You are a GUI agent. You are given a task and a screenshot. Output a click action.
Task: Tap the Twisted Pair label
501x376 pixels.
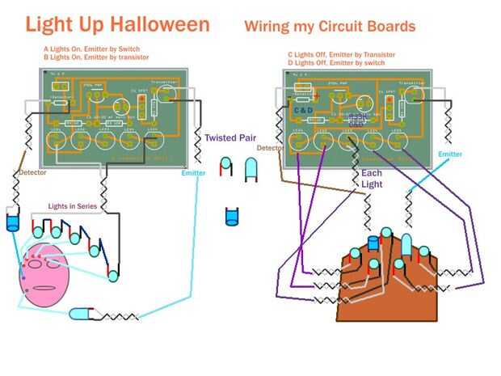pos(229,138)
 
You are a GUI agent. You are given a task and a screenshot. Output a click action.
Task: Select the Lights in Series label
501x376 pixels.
pos(72,207)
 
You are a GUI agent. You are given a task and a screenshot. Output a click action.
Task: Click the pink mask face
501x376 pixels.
pos(45,276)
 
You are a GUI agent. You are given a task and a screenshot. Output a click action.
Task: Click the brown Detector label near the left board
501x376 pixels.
pos(33,172)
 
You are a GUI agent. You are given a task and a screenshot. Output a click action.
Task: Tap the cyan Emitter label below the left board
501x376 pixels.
pos(193,173)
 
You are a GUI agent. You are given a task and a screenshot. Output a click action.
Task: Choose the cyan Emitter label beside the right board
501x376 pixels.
pos(450,154)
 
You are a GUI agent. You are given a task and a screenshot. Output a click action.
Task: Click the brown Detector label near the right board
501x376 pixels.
pos(269,148)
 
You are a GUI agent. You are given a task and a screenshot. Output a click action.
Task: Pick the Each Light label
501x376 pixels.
pos(372,179)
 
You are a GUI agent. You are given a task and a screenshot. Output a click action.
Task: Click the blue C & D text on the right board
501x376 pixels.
pos(304,110)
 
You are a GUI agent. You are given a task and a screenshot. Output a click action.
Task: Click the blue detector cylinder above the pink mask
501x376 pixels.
pos(12,222)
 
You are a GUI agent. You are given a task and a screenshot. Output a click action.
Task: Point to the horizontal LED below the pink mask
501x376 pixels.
pos(82,314)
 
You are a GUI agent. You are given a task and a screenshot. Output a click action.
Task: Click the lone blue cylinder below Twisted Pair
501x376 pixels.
pos(232,216)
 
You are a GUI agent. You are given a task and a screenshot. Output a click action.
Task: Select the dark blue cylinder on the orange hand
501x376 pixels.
pos(373,243)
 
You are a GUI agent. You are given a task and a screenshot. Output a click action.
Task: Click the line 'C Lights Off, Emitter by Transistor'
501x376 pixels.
pos(342,55)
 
